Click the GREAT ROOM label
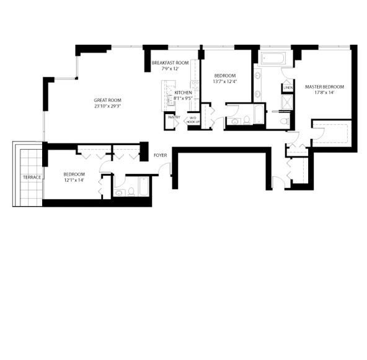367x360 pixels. point(108,101)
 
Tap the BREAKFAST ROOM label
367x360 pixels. point(170,63)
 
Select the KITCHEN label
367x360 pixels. point(183,92)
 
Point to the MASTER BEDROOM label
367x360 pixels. point(324,87)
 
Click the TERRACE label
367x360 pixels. point(32,178)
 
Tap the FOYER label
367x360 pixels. point(161,155)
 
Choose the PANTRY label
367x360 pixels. point(174,117)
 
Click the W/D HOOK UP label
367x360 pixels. point(193,120)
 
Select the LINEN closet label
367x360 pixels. point(288,88)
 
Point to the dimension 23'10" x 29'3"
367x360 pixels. point(108,106)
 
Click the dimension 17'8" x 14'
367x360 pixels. point(324,92)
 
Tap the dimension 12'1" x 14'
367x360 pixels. point(74,180)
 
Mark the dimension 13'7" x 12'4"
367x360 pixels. point(225,81)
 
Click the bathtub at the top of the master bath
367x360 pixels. point(273,58)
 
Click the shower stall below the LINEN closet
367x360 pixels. point(287,102)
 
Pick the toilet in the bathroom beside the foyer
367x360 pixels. point(131,192)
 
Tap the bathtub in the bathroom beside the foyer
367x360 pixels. point(143,187)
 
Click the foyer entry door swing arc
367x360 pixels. point(164,168)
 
